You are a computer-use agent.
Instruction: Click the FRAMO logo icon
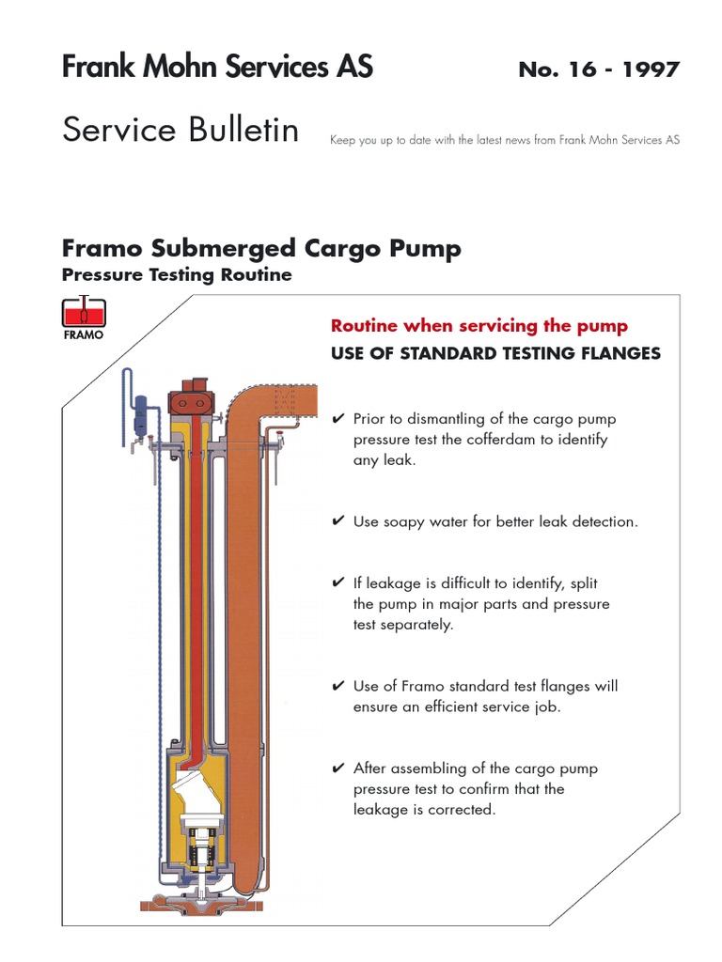tap(84, 318)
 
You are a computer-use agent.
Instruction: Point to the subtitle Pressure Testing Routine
tap(177, 275)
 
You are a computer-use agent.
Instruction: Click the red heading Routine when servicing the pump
tap(479, 326)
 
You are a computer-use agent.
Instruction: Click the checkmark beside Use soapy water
tap(338, 521)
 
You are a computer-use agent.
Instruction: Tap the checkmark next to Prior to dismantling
tap(338, 419)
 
